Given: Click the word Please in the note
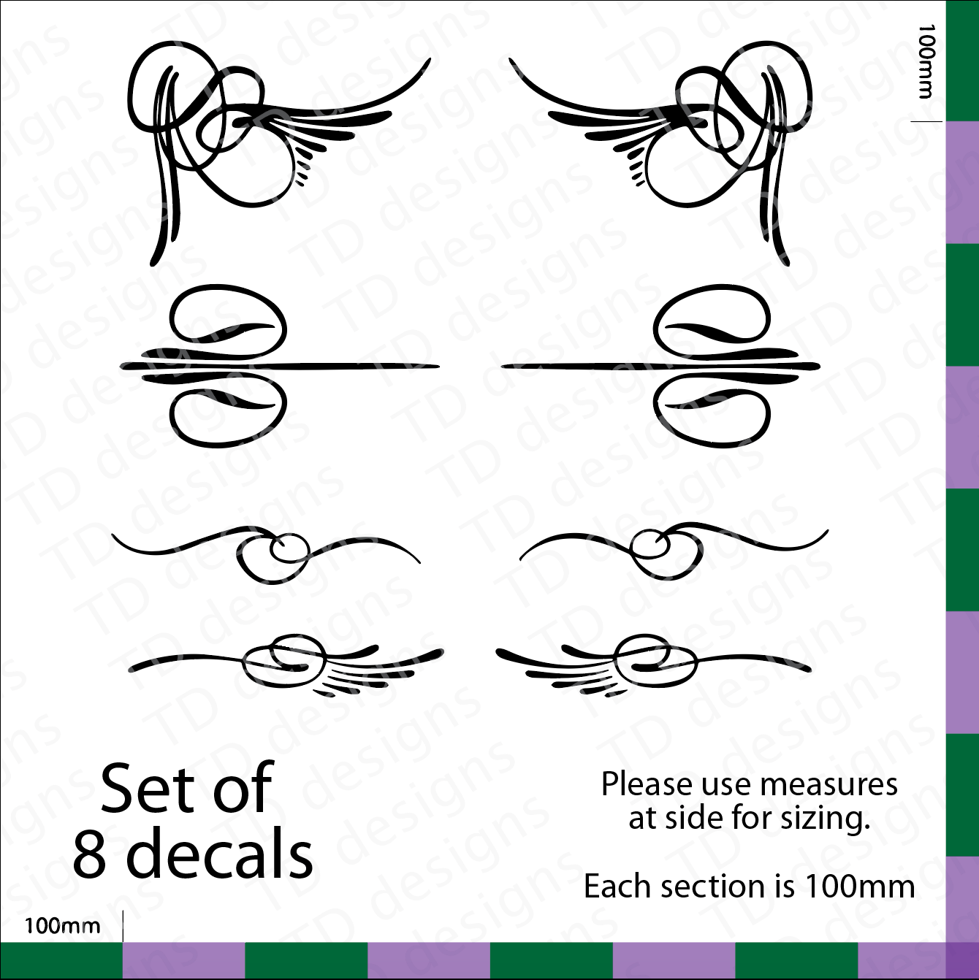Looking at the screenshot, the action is [647, 784].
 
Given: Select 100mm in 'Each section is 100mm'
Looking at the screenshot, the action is [861, 887].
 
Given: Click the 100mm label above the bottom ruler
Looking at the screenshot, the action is [63, 926].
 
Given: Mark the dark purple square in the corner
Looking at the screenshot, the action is [962, 961].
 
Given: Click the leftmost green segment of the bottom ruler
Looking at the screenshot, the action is [61, 961].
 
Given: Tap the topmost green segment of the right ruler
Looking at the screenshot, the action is [962, 61].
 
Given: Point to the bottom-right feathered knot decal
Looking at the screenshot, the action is [653, 665].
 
